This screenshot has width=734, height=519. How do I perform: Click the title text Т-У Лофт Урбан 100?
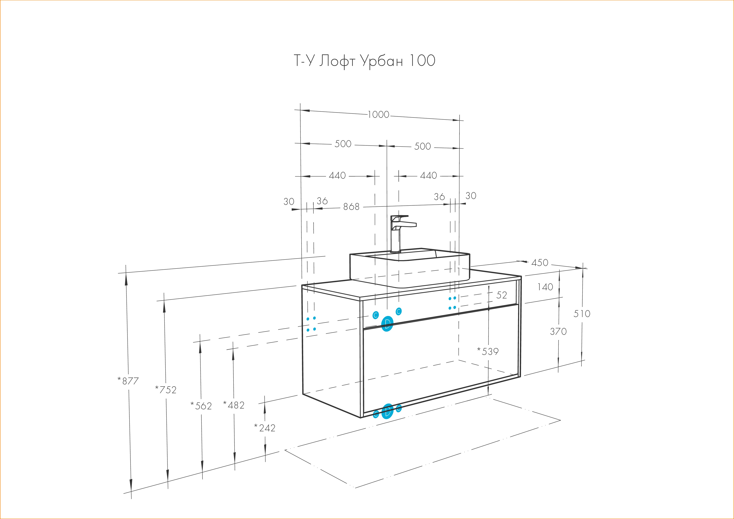[x=364, y=61]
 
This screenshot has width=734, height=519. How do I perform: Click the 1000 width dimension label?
[x=379, y=114]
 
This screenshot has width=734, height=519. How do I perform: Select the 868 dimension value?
[x=351, y=207]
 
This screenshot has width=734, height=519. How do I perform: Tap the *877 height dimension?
[x=128, y=381]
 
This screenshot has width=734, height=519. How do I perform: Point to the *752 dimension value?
[x=166, y=389]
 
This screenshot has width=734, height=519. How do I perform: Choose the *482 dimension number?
[x=234, y=405]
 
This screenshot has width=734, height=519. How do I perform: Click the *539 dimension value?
[x=488, y=351]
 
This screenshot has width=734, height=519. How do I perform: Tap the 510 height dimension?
[x=582, y=314]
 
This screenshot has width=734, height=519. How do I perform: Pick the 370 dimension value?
[x=558, y=331]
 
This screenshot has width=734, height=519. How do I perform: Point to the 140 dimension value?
[x=545, y=287]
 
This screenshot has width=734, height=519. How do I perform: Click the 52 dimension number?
[x=502, y=295]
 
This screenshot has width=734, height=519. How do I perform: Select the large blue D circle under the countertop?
[x=387, y=324]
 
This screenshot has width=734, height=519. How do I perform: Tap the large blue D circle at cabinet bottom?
[x=388, y=412]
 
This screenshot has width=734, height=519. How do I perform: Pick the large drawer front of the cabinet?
[x=441, y=358]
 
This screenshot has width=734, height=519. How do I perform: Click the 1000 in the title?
[x=422, y=61]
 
